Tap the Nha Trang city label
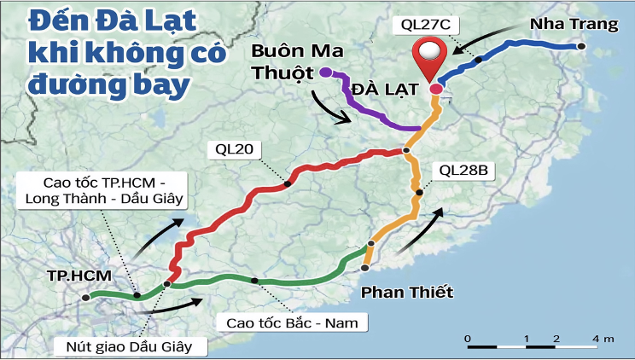(x=574, y=24)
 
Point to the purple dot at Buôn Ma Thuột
(x=326, y=73)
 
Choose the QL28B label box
(x=463, y=170)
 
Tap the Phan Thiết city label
(x=407, y=293)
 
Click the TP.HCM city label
(x=71, y=277)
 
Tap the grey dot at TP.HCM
(x=85, y=298)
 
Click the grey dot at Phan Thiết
(x=364, y=268)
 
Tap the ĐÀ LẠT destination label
(x=377, y=90)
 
